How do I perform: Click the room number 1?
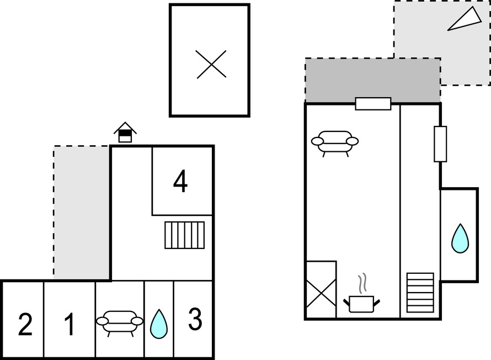pyautogui.click(x=69, y=325)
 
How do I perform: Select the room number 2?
pyautogui.click(x=25, y=325)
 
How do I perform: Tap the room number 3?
pyautogui.click(x=195, y=320)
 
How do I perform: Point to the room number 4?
pyautogui.click(x=180, y=182)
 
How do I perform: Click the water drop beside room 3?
pyautogui.click(x=159, y=324)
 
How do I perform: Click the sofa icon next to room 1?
pyautogui.click(x=120, y=321)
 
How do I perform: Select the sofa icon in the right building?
pyautogui.click(x=335, y=141)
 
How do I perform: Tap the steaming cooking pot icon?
pyautogui.click(x=362, y=298)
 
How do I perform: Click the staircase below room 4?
pyautogui.click(x=184, y=235)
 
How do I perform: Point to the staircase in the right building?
pyautogui.click(x=420, y=292)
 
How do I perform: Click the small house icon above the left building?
pyautogui.click(x=125, y=132)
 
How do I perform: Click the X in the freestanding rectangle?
pyautogui.click(x=211, y=63)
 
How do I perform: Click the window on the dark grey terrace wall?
pyautogui.click(x=373, y=103)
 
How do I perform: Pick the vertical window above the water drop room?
pyautogui.click(x=440, y=144)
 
